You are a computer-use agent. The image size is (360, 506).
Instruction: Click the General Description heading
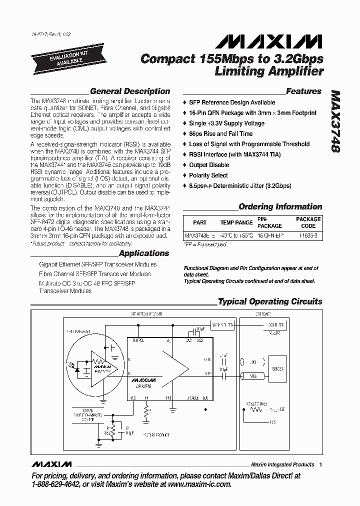click(x=129, y=91)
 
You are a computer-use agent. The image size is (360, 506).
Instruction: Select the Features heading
click(x=303, y=91)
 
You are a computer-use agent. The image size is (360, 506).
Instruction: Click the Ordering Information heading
click(x=280, y=206)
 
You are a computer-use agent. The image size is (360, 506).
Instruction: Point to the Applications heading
click(x=144, y=253)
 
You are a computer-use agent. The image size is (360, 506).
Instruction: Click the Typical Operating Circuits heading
click(x=270, y=301)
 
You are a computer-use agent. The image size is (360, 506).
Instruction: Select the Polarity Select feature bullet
click(x=208, y=175)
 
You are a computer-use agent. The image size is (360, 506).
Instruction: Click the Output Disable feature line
click(x=209, y=165)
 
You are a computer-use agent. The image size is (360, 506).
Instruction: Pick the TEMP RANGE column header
click(x=236, y=222)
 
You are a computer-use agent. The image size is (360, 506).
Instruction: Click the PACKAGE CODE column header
click(x=308, y=222)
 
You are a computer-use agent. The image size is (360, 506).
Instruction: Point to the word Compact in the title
click(x=167, y=59)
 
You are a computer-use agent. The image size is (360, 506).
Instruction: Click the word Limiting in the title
click(x=239, y=71)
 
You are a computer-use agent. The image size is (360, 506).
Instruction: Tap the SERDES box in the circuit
click(x=277, y=369)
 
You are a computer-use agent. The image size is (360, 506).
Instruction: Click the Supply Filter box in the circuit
click(x=222, y=325)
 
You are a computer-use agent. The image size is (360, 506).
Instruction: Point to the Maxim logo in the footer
click(x=51, y=464)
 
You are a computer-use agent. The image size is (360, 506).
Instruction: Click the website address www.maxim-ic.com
click(x=198, y=484)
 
